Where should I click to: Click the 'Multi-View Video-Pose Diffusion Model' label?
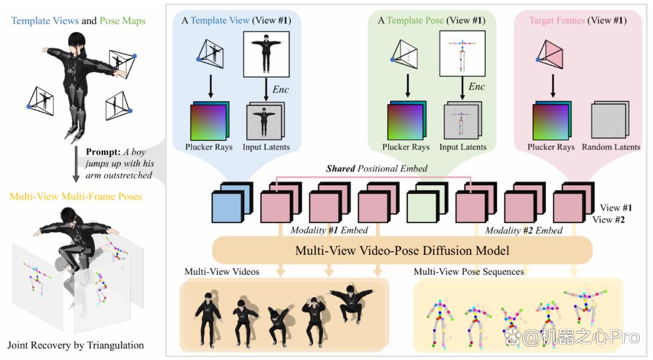coord(402,250)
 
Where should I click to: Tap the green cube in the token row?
coord(427,203)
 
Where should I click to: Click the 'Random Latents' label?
coord(611,147)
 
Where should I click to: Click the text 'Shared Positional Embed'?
coord(377,168)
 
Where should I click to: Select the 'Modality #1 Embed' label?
coord(329,231)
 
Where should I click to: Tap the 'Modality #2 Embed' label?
coord(524,231)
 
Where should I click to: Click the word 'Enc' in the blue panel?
coord(281,90)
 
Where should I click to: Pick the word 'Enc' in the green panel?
coord(477,87)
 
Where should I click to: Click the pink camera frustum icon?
coord(550,54)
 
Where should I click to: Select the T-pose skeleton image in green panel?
coord(463,54)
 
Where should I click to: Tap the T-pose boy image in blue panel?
coord(266,54)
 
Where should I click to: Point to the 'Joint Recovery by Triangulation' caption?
coord(76,345)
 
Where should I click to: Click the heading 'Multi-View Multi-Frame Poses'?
coord(76,196)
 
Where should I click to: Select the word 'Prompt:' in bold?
coord(103,152)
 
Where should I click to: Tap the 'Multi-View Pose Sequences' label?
coord(469,272)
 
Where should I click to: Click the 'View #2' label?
coord(608,220)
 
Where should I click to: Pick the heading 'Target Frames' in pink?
coord(557,21)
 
